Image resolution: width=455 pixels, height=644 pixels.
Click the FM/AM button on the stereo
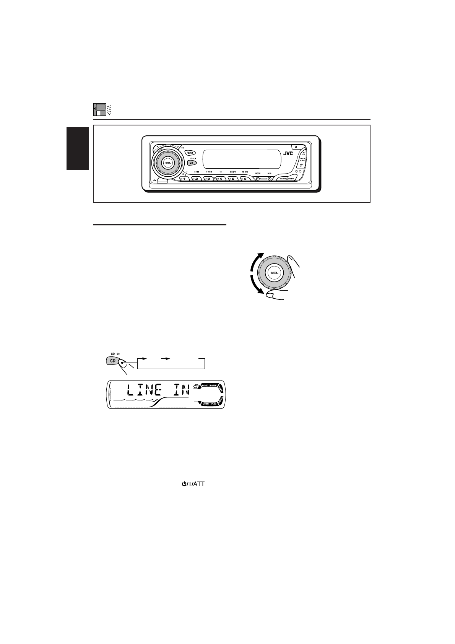tap(190, 153)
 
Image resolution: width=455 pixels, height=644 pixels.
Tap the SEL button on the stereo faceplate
tap(167, 163)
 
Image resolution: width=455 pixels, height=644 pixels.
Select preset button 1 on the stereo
tap(184, 179)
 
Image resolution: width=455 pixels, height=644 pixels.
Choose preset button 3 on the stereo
tap(209, 179)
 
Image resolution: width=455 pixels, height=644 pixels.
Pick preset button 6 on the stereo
tap(245, 179)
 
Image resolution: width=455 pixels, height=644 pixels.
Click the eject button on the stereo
tap(296, 146)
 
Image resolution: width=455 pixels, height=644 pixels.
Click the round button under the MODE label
tap(258, 179)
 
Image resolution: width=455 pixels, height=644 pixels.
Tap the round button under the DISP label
tap(269, 179)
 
